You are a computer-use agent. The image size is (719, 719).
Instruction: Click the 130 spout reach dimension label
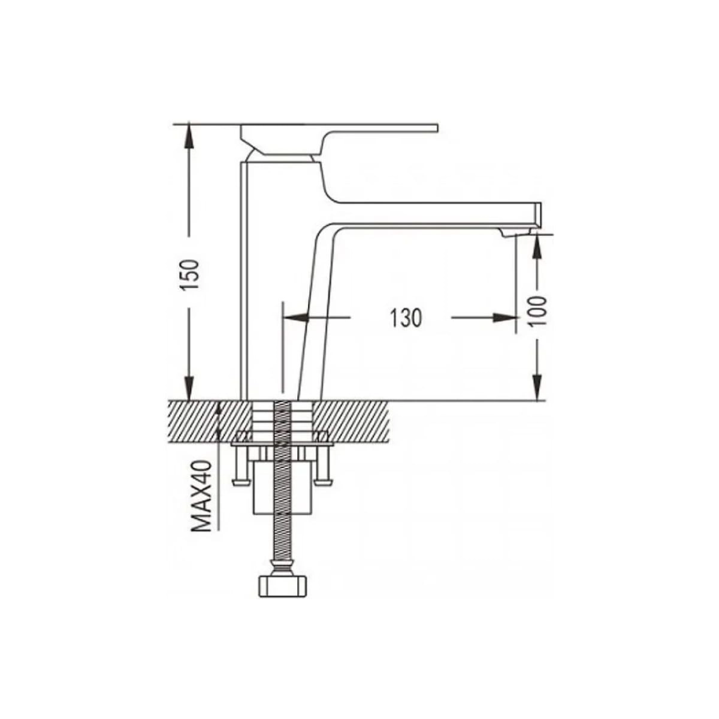[407, 318]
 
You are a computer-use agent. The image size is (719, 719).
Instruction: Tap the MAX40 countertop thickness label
[203, 496]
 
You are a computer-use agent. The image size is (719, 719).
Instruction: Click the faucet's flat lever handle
[371, 127]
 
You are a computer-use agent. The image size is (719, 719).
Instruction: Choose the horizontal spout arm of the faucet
[431, 213]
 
